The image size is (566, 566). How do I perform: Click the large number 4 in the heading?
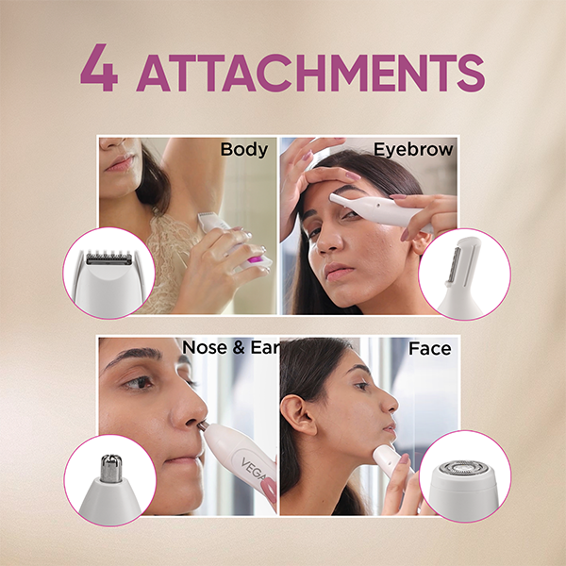click(x=98, y=68)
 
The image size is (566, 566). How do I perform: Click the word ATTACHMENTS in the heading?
click(x=310, y=73)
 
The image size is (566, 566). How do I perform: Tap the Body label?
click(x=244, y=149)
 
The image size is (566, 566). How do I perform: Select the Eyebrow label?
click(x=413, y=149)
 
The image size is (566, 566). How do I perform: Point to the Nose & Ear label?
click(x=231, y=347)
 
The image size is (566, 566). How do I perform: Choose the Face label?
click(x=429, y=349)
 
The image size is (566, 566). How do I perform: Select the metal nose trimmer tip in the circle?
click(x=111, y=468)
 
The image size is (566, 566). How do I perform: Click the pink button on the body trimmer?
click(x=256, y=259)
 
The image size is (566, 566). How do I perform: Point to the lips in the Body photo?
click(x=120, y=162)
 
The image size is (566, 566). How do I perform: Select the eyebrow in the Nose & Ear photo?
click(x=134, y=355)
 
